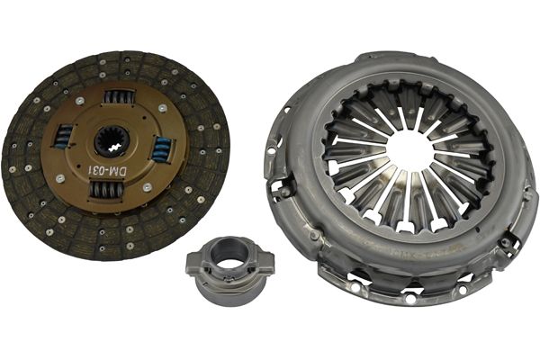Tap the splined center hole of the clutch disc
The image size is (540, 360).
[112, 141]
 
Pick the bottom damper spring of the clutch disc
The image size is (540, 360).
[105, 190]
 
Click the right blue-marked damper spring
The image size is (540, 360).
[160, 149]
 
